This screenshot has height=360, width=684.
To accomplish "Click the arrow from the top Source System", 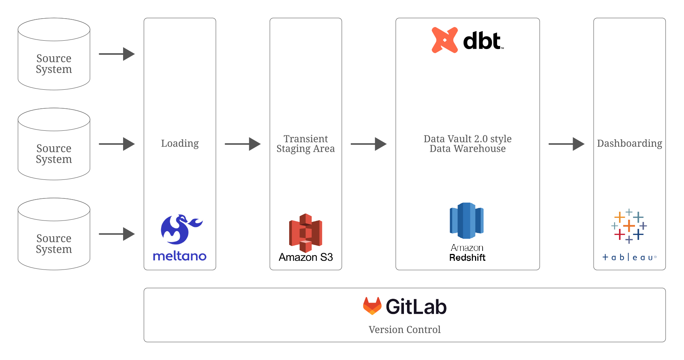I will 117,54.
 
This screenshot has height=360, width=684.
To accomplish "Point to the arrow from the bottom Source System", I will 117,234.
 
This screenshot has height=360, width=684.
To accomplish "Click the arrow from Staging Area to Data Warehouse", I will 368,144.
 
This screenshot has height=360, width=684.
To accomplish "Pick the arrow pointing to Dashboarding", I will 566,144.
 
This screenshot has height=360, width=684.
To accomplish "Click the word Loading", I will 180,144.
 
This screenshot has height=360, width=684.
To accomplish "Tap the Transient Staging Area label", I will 306,144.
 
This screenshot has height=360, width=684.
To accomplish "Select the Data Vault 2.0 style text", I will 467,139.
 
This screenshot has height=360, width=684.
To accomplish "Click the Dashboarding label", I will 629,144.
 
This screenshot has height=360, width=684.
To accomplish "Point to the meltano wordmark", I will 180,256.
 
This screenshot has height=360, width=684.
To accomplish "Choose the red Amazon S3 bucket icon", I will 306,233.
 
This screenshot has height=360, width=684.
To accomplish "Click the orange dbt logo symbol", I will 444,40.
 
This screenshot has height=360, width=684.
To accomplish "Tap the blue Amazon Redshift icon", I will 467,220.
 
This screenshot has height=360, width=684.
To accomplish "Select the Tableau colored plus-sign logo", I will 629,226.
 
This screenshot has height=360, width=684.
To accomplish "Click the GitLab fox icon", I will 372,306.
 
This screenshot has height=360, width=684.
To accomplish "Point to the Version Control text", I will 404,330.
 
